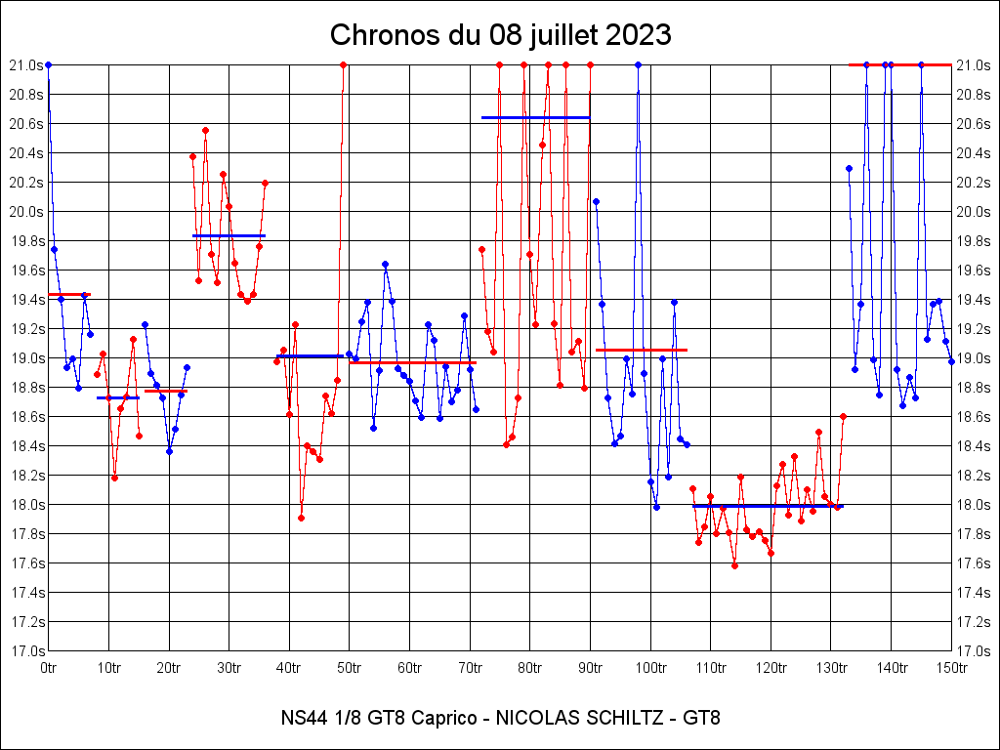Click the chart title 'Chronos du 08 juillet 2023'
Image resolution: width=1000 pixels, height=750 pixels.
coord(500,35)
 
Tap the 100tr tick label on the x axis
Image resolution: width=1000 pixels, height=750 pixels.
coord(650,668)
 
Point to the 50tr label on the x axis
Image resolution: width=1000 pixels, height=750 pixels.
coord(349,668)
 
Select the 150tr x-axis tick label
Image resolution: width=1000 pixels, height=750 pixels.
coord(951,668)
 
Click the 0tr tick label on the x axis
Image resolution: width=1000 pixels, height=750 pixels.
coord(49,668)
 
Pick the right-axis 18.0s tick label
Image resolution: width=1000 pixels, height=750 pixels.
coord(975,504)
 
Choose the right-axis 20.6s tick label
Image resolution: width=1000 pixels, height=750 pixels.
coord(975,123)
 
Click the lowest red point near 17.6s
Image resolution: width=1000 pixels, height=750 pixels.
coord(734,565)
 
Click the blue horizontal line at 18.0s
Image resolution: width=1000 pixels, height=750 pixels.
coord(768,506)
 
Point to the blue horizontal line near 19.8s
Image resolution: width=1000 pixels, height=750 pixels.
coord(229,235)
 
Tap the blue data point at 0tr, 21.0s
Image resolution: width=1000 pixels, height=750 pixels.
coord(48,64)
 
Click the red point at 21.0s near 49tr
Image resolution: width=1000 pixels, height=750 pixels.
coord(343,64)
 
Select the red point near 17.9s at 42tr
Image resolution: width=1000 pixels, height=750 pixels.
coord(301,518)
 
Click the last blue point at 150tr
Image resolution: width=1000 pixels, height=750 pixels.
coord(951,361)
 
